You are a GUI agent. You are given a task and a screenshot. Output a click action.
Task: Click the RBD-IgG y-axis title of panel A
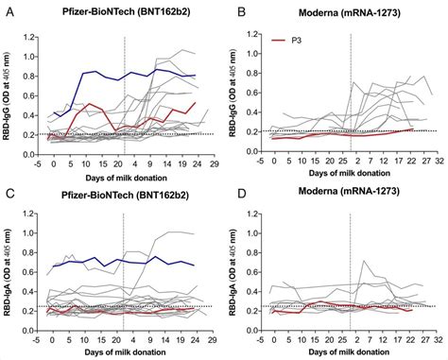point(9,94)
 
